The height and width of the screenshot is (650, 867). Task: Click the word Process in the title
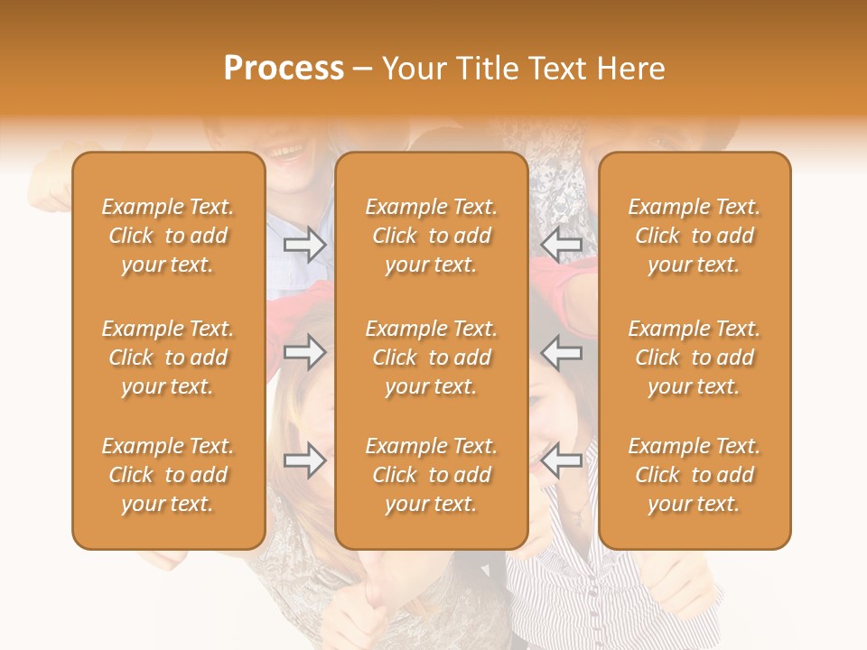click(x=284, y=68)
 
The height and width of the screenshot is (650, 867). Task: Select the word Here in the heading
click(x=629, y=68)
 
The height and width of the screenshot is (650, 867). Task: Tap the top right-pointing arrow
click(x=304, y=246)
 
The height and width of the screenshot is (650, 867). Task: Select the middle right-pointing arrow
click(x=304, y=351)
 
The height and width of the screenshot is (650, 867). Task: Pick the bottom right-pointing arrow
click(x=304, y=461)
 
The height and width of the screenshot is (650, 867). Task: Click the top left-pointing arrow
click(x=562, y=246)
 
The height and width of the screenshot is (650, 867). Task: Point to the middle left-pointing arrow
click(x=562, y=351)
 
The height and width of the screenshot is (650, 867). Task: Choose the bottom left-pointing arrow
click(x=562, y=461)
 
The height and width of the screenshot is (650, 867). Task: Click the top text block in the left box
click(x=168, y=236)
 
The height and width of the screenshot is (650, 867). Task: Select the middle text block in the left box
click(x=168, y=357)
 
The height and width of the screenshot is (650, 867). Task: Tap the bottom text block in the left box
click(x=168, y=475)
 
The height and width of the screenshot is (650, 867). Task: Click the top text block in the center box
click(x=431, y=236)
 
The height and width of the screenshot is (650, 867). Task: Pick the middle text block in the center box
click(x=431, y=357)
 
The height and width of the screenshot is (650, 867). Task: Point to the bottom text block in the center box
click(x=431, y=475)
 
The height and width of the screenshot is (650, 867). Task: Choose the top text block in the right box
click(x=694, y=236)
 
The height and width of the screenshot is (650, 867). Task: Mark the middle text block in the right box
click(x=694, y=357)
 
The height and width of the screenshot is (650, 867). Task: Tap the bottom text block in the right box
click(x=694, y=475)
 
